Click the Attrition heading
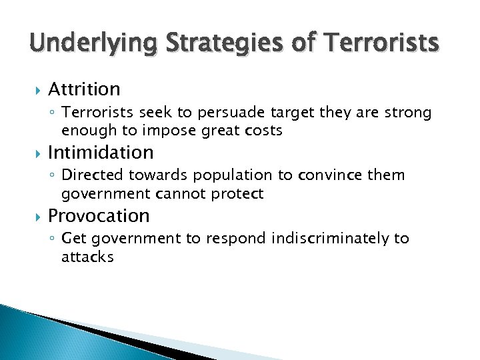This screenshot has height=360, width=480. (x=84, y=89)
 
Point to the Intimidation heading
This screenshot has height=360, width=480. (x=101, y=152)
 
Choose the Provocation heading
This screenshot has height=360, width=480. (x=99, y=215)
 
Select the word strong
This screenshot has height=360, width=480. (x=409, y=113)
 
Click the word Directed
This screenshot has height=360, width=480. (x=88, y=175)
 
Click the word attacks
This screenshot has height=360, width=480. (x=87, y=257)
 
